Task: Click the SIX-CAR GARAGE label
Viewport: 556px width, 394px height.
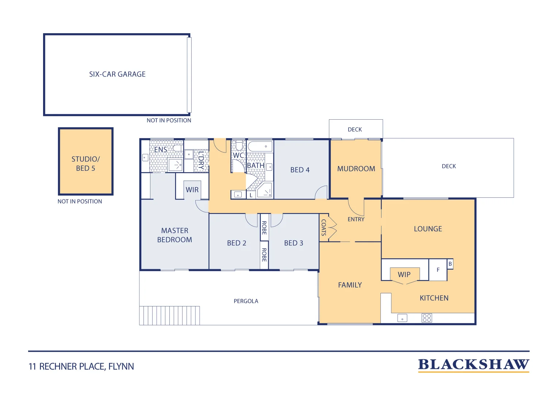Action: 117,74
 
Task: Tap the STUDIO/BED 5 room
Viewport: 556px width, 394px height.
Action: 86,161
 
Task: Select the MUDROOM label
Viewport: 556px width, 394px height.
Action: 356,169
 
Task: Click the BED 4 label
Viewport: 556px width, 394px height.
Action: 300,170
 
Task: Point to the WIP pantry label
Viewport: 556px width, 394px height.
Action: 404,275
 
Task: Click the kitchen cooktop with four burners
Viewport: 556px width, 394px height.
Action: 427,318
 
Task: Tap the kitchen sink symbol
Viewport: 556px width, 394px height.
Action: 402,318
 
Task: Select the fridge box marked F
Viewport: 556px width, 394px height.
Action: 438,270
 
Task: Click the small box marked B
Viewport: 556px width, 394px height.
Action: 450,264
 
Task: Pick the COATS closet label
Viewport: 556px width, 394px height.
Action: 324,228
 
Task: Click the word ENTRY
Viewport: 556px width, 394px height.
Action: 356,219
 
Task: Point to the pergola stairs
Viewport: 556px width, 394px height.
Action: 169,316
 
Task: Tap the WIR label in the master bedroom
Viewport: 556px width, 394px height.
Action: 192,190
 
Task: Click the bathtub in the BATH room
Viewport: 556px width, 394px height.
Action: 260,146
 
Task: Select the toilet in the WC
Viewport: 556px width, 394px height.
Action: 239,146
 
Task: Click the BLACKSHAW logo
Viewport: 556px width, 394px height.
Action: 473,365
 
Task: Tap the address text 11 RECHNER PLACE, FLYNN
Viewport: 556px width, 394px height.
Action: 81,367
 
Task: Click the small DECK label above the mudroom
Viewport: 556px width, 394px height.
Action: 355,130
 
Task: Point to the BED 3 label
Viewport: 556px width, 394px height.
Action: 294,243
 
